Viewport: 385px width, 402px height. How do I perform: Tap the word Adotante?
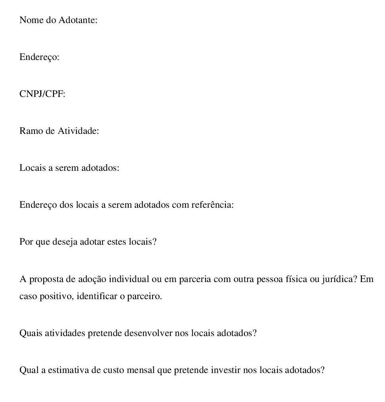pyautogui.click(x=78, y=20)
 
